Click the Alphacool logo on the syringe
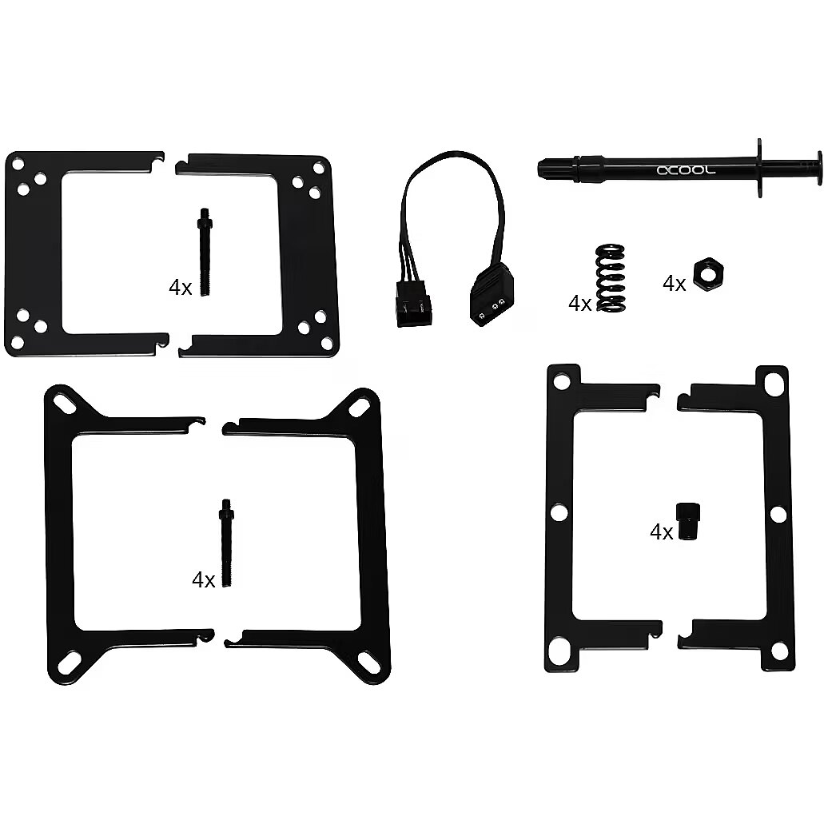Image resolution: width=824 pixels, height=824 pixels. (686, 169)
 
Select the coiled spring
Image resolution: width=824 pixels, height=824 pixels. (610, 277)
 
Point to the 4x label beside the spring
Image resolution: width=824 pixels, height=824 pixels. (579, 304)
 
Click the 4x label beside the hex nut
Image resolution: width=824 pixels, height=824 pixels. (675, 284)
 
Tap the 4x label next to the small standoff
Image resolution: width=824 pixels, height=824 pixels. (661, 532)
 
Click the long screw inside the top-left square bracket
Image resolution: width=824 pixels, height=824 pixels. (205, 252)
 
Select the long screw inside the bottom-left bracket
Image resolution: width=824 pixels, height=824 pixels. (226, 543)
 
